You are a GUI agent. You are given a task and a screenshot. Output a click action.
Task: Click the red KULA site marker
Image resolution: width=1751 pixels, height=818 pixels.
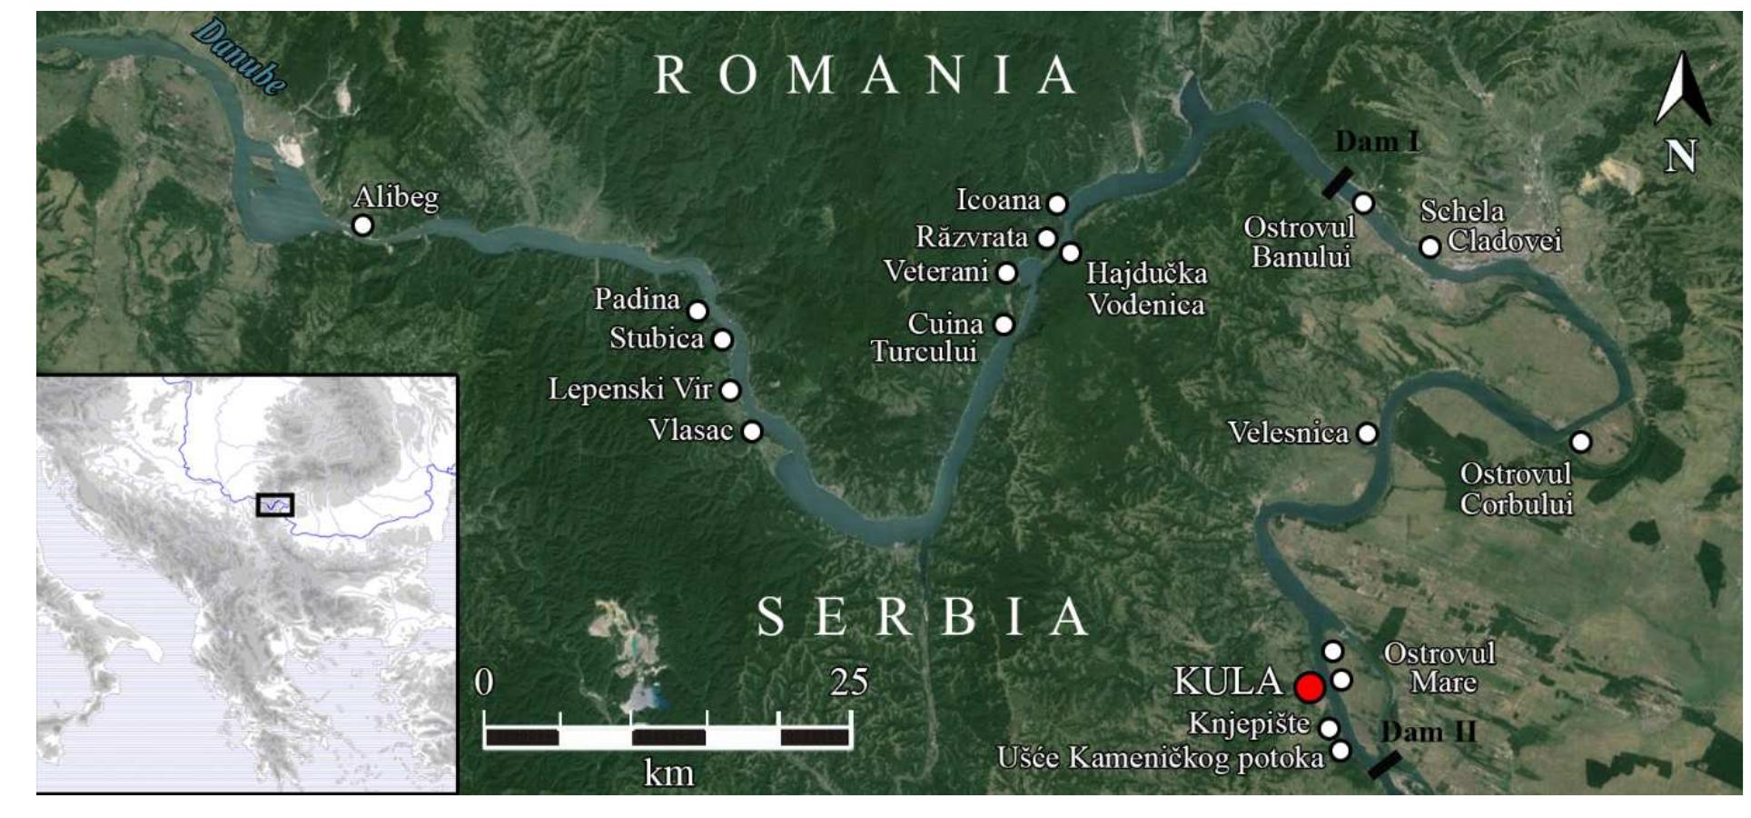(1309, 687)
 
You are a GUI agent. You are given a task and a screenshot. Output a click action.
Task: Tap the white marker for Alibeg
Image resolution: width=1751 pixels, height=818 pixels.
(362, 224)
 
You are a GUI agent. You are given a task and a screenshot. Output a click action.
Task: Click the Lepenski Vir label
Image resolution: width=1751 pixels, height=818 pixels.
(629, 390)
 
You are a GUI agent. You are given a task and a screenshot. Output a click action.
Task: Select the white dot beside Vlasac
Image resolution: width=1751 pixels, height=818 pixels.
(752, 431)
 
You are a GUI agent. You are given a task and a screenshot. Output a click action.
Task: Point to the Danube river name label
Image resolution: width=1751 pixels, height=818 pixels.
(240, 57)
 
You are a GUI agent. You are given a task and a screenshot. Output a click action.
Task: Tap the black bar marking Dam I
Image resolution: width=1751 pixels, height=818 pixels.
(1337, 183)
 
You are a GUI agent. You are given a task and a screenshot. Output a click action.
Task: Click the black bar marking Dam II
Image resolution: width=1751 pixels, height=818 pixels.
(1383, 764)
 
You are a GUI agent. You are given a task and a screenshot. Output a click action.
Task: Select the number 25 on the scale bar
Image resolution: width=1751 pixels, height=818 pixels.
(848, 682)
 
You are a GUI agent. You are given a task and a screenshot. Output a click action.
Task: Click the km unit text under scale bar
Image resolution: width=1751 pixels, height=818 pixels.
(668, 773)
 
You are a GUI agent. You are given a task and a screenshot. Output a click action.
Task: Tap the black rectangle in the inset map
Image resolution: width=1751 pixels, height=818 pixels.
(274, 504)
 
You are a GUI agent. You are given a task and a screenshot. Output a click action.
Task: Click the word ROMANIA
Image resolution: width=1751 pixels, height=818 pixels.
(865, 75)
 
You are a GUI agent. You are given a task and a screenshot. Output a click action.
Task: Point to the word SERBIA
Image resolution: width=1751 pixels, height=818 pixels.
(922, 617)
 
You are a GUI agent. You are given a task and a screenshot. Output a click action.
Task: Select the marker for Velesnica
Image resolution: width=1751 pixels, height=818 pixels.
(1367, 434)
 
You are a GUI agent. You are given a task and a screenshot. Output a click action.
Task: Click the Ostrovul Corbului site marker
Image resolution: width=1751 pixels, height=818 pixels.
(1580, 442)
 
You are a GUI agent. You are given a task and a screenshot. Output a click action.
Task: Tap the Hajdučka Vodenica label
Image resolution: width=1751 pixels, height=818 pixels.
(1146, 288)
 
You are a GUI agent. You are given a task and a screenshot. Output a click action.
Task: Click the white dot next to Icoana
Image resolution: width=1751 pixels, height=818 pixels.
(1057, 204)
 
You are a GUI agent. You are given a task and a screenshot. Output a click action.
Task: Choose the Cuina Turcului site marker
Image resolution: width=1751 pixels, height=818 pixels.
(1004, 324)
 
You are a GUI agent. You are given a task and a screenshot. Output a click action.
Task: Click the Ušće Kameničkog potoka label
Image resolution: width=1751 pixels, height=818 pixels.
(1160, 757)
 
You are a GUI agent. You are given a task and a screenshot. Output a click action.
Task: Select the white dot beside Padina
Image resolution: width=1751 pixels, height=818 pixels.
(697, 311)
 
